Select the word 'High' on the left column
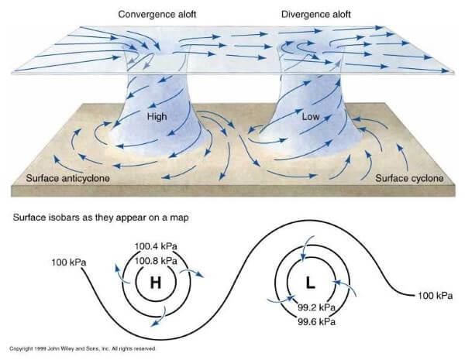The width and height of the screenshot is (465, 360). coord(157,116)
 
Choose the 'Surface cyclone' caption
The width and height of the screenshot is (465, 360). coord(411,180)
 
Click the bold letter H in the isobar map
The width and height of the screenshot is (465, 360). coord(155,283)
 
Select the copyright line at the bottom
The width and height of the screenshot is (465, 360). coord(84,348)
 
